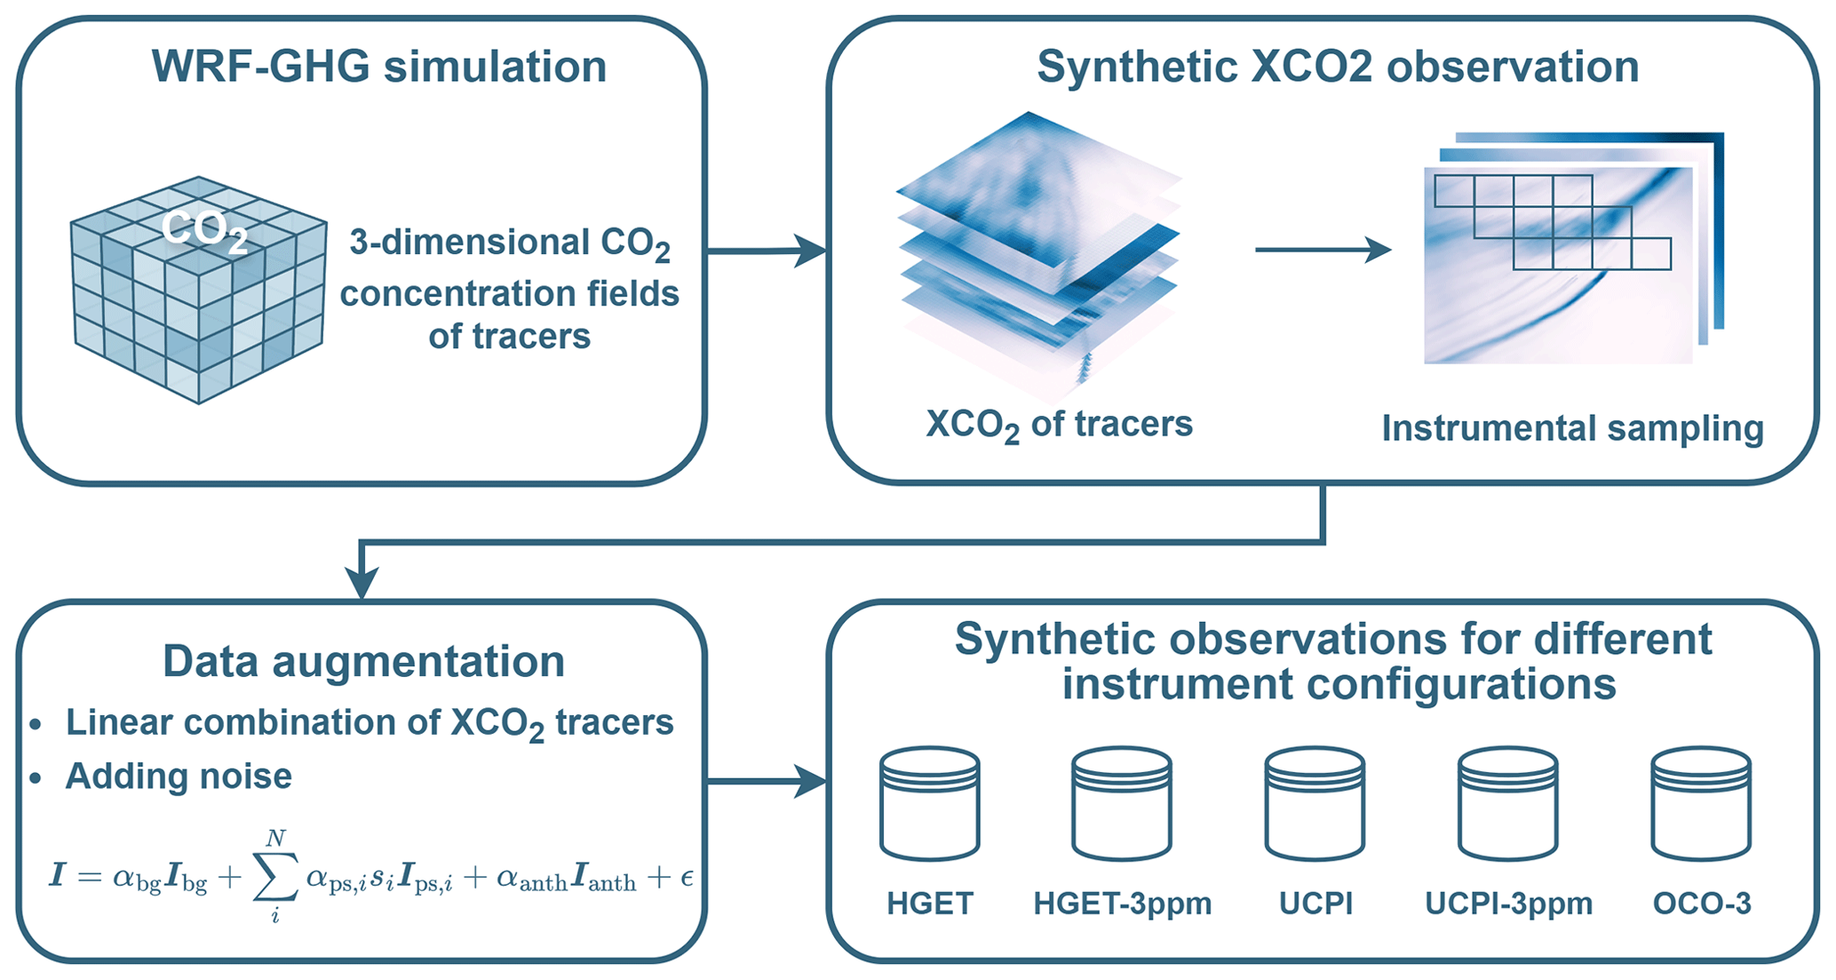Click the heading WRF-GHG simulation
pyautogui.click(x=379, y=68)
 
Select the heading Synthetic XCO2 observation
pyautogui.click(x=1338, y=68)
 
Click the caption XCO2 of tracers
pyautogui.click(x=1059, y=425)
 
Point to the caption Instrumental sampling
pyautogui.click(x=1572, y=428)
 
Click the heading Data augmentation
pyautogui.click(x=363, y=662)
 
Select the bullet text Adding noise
pyautogui.click(x=179, y=777)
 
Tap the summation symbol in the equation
pyautogui.click(x=274, y=878)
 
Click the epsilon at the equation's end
pyautogui.click(x=686, y=879)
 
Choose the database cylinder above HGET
pyautogui.click(x=929, y=803)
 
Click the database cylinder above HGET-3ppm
pyautogui.click(x=1121, y=803)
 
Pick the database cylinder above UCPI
pyautogui.click(x=1315, y=803)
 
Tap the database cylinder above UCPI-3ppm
pyautogui.click(x=1507, y=803)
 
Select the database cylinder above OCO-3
pyautogui.click(x=1701, y=803)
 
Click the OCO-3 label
pyautogui.click(x=1702, y=904)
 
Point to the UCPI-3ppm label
pyautogui.click(x=1508, y=904)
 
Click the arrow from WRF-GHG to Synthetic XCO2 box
pyautogui.click(x=766, y=251)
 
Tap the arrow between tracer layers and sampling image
pyautogui.click(x=1322, y=250)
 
